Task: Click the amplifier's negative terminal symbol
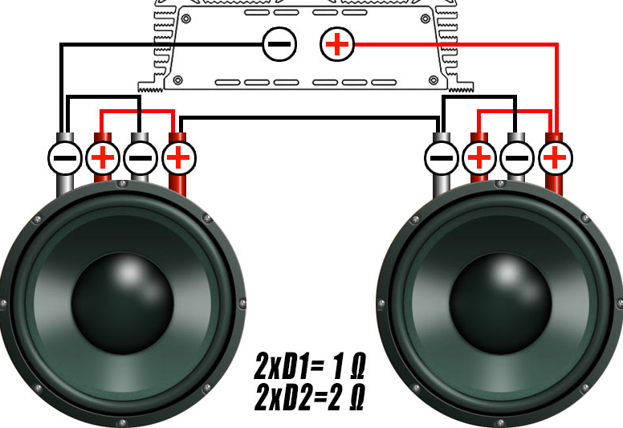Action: (279, 44)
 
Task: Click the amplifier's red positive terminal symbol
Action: (337, 44)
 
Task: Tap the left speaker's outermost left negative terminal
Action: (65, 157)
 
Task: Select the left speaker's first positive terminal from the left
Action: (103, 157)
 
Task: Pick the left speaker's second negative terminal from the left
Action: (140, 157)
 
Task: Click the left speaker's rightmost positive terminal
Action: (178, 157)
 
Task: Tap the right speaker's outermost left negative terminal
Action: (442, 157)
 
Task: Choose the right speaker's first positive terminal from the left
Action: (479, 157)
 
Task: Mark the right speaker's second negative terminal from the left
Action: (517, 157)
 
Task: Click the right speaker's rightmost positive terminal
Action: (555, 157)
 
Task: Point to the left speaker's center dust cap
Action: (122, 304)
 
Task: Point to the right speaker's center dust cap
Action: (500, 304)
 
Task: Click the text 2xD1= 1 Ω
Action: (309, 366)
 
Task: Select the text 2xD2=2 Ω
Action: (309, 397)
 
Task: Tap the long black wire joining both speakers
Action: (309, 118)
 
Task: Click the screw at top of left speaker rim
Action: (123, 184)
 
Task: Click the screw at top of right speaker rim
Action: (501, 184)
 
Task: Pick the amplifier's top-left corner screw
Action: (186, 18)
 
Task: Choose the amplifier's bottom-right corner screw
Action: (433, 80)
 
